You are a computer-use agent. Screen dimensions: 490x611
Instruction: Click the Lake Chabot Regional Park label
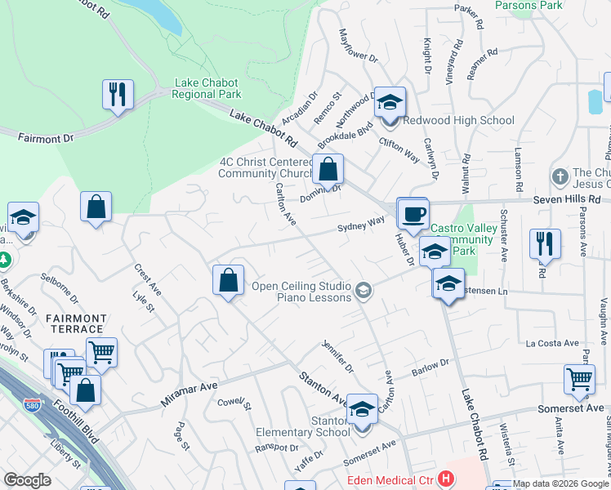(207, 89)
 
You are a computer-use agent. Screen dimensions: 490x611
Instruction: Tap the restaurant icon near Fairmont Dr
(118, 94)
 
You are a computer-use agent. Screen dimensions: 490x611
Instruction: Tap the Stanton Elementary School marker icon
(362, 410)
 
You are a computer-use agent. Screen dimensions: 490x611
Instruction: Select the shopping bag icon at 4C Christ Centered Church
(328, 169)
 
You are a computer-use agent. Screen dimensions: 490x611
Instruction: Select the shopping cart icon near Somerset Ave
(578, 379)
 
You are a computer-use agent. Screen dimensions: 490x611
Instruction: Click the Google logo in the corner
(26, 480)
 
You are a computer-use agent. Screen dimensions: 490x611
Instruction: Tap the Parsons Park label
(528, 6)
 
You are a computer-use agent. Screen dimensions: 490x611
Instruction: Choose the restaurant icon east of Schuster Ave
(545, 243)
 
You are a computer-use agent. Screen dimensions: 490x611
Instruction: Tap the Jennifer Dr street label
(337, 356)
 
